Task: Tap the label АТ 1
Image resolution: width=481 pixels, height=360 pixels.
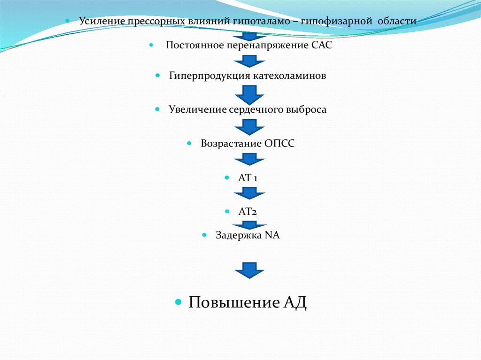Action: (248, 178)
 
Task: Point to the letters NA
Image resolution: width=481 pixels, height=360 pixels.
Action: (272, 235)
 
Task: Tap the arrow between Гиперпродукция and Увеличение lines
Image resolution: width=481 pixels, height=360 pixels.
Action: (249, 94)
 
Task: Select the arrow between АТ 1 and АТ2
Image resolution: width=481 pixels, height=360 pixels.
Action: (249, 193)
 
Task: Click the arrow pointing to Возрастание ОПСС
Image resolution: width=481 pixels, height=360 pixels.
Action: (249, 127)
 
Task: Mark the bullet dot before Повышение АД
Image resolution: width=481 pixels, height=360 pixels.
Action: (178, 302)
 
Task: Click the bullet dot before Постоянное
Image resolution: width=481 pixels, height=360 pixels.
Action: (151, 46)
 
